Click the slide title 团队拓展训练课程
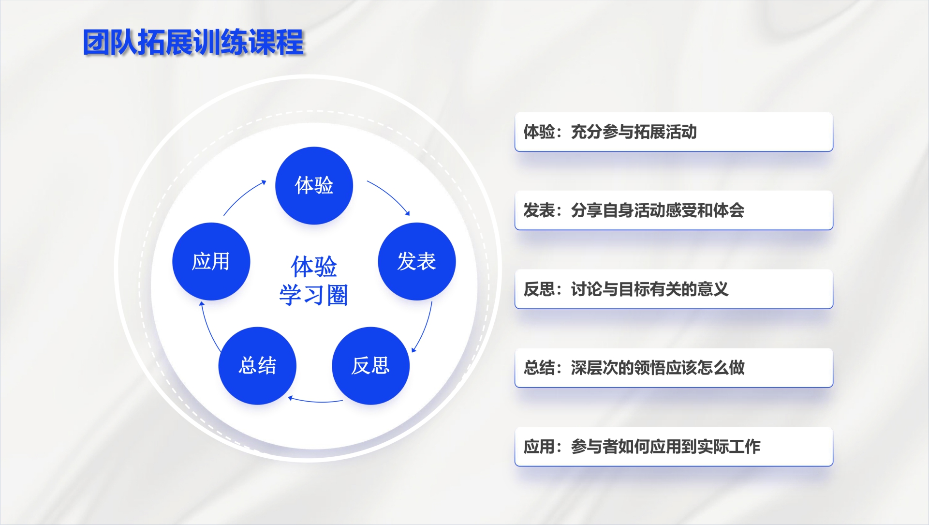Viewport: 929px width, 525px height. coord(193,42)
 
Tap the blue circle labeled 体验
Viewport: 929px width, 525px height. coord(314,185)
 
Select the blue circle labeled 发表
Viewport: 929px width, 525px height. coord(416,261)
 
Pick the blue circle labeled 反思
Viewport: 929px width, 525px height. coord(370,366)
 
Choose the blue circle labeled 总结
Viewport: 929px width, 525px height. coord(257,366)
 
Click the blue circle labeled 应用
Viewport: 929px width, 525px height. coord(211,261)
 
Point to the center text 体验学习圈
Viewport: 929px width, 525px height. coord(314,281)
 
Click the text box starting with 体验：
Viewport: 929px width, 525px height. coord(674,132)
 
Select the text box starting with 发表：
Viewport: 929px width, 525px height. coord(674,210)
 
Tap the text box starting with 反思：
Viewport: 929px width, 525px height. coord(674,289)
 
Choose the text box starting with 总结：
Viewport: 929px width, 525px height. coord(674,368)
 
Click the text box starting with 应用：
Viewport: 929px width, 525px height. coord(674,447)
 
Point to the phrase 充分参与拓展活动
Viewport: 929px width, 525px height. coord(634,132)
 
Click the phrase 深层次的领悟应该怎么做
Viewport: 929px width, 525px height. coord(658,368)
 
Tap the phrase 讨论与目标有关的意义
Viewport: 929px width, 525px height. coord(650,289)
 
